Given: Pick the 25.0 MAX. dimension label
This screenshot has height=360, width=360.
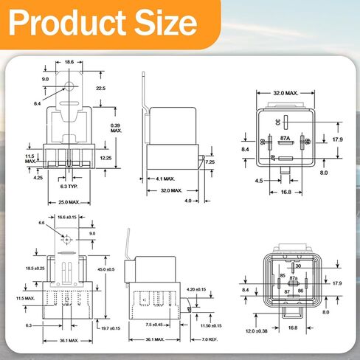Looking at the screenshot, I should click(x=68, y=202).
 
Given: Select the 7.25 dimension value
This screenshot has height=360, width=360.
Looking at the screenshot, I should click(x=210, y=162).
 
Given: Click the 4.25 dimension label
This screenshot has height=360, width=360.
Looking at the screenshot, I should click(x=38, y=177).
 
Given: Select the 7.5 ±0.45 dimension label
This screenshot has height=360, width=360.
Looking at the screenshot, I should click(x=154, y=324).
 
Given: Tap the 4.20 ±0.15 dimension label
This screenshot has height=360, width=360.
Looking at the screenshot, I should click(x=196, y=288).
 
